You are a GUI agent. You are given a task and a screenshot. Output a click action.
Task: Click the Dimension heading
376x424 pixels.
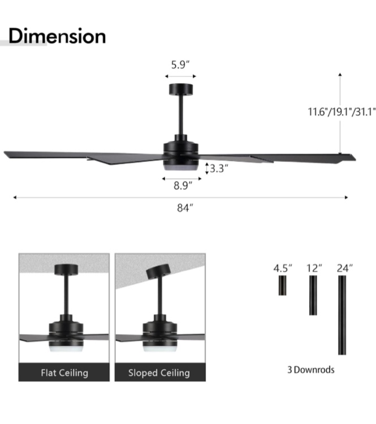point(57,36)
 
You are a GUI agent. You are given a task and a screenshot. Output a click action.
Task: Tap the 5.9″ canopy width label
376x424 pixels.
point(180,65)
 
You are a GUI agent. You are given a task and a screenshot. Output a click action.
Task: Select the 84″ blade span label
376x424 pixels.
point(185,208)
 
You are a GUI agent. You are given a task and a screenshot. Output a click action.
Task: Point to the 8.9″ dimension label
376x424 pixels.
point(183,186)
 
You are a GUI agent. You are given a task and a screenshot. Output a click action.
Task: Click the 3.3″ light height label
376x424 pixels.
point(219,168)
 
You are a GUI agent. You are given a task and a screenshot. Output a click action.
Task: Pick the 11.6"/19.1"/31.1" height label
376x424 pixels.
point(342,112)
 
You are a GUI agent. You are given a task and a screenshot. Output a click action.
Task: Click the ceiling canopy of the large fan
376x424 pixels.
point(181,89)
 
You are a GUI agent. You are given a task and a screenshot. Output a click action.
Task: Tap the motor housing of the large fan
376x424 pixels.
point(181,150)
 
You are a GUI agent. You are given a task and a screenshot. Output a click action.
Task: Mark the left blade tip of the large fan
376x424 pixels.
point(5,153)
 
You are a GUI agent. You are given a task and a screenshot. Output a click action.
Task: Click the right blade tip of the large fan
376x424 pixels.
point(355,158)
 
